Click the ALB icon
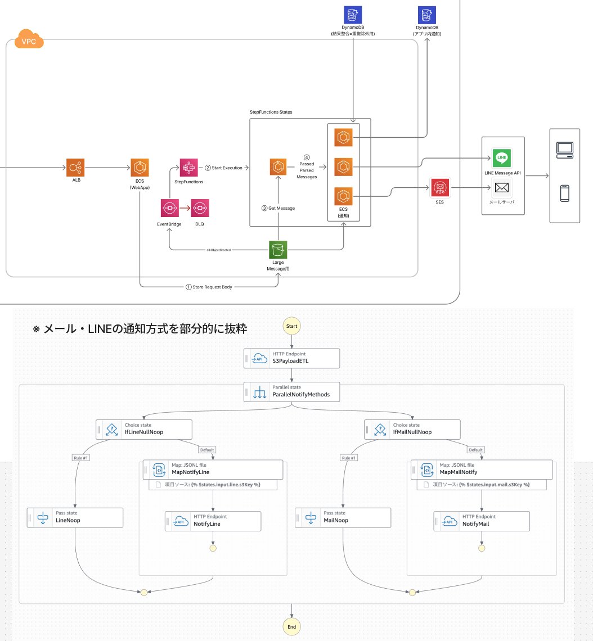point(75,167)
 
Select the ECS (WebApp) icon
point(139,167)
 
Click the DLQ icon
point(200,208)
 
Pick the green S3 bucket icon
point(278,250)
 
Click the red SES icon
point(439,188)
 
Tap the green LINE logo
point(501,158)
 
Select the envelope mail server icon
point(502,187)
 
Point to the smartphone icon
point(564,193)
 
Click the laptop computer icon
point(564,148)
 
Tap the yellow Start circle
point(291,326)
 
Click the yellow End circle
point(291,626)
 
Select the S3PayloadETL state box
point(292,358)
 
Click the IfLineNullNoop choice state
point(145,429)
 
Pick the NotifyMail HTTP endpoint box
point(481,521)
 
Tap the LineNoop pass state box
point(75,517)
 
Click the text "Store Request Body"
point(212,287)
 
